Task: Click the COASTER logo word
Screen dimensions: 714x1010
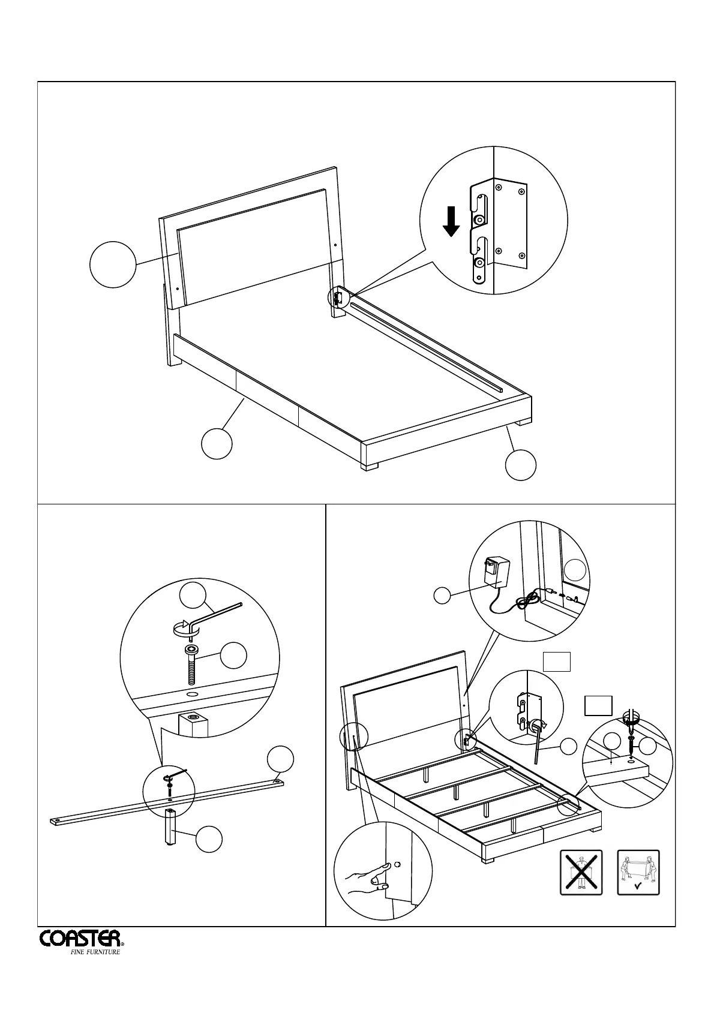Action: coord(80,954)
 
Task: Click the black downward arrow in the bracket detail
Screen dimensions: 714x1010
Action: coord(451,222)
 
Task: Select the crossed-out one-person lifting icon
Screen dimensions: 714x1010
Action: coord(581,873)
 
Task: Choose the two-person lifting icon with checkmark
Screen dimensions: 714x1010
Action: coord(638,873)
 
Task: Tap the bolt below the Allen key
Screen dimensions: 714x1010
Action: coord(191,665)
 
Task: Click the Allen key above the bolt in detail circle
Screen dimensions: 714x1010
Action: coord(204,617)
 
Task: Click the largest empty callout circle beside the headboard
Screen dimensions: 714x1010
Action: coord(113,264)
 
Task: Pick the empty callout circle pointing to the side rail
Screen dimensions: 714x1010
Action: coord(217,444)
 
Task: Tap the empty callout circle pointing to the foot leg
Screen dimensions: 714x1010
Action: coord(520,465)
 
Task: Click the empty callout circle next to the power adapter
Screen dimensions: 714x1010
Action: coord(442,596)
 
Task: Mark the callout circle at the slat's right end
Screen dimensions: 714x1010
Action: coord(280,759)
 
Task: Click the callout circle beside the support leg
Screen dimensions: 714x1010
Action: coord(209,838)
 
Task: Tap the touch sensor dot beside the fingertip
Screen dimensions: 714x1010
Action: coord(397,865)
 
